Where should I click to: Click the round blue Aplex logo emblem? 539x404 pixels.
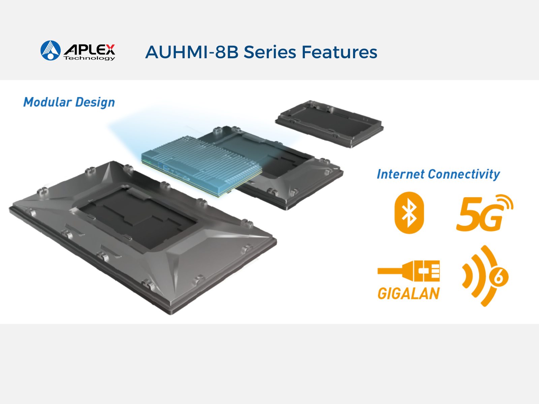pyautogui.click(x=51, y=50)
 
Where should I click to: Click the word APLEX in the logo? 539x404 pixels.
pyautogui.click(x=89, y=50)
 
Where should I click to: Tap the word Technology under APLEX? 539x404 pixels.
pyautogui.click(x=89, y=58)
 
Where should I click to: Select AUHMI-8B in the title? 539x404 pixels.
pyautogui.click(x=192, y=52)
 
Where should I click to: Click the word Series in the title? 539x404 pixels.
pyautogui.click(x=270, y=52)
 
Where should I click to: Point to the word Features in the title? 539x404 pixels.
pyautogui.click(x=339, y=52)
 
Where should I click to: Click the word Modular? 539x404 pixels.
pyautogui.click(x=47, y=102)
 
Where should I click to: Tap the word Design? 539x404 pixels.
pyautogui.click(x=95, y=103)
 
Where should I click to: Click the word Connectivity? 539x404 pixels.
pyautogui.click(x=464, y=174)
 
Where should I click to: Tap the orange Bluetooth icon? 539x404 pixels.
pyautogui.click(x=409, y=213)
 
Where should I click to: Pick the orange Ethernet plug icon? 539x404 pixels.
pyautogui.click(x=409, y=271)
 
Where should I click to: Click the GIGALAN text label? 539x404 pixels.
pyautogui.click(x=409, y=293)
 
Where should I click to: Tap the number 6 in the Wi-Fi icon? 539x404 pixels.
pyautogui.click(x=499, y=277)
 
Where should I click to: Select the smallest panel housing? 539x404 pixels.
pyautogui.click(x=329, y=124)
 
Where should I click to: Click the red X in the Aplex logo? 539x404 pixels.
pyautogui.click(x=110, y=49)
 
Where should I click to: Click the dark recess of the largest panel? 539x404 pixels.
pyautogui.click(x=137, y=218)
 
